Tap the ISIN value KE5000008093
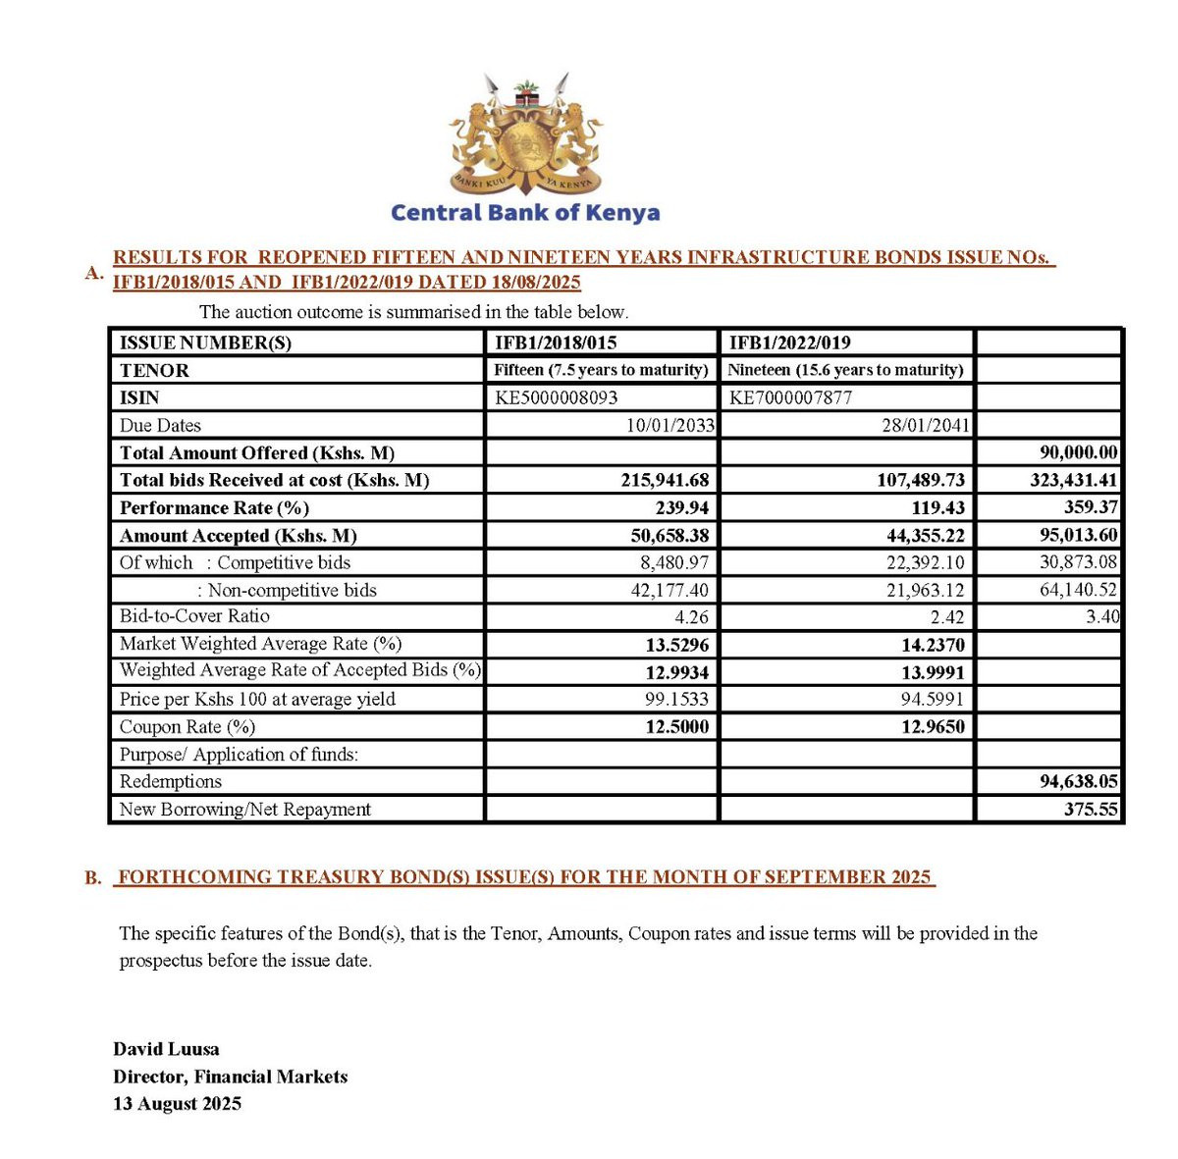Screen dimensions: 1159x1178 (557, 397)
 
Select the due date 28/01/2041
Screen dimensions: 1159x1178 (925, 425)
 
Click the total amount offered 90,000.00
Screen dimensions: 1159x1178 (1078, 452)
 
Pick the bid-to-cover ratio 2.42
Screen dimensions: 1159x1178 (945, 617)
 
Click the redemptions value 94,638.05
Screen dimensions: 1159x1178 (1078, 781)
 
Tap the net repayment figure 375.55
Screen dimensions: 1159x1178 (1091, 810)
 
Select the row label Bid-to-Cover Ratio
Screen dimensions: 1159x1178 (194, 616)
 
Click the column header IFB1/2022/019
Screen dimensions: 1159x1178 (789, 342)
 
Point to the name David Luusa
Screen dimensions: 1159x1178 (166, 1048)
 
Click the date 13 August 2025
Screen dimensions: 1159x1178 (177, 1103)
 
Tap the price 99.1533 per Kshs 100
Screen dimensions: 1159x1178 (675, 700)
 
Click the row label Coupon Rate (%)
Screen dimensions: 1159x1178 (187, 727)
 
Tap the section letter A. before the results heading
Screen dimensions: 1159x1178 (94, 273)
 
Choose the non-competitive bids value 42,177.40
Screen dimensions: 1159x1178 (669, 590)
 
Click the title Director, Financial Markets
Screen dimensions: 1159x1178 (231, 1077)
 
